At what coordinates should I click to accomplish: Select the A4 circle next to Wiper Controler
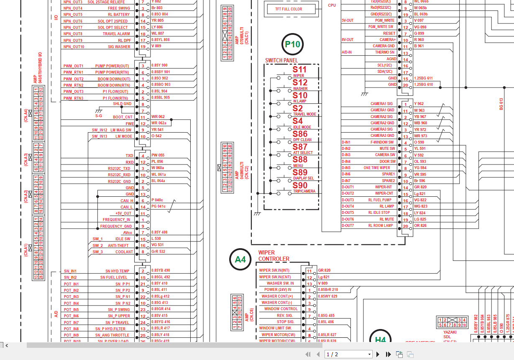pos(240,260)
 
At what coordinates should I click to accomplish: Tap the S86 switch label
pos(300,134)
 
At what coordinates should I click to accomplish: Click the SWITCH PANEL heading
pos(281,60)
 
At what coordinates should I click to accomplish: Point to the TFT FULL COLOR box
pos(288,9)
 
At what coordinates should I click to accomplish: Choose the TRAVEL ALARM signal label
pos(116,33)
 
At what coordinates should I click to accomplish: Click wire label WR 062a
pos(159,123)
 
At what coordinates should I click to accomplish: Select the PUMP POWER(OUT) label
pos(112,66)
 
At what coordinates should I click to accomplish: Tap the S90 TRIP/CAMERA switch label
pos(300,185)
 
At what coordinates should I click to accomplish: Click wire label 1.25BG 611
pos(423,78)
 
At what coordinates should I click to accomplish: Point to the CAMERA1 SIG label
pos(382,104)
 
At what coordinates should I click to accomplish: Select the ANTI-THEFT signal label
pos(118,245)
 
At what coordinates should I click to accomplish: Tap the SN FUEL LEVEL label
pos(114,277)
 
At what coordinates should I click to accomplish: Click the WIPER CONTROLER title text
pos(274,256)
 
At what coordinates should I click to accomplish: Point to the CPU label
pos(332,5)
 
